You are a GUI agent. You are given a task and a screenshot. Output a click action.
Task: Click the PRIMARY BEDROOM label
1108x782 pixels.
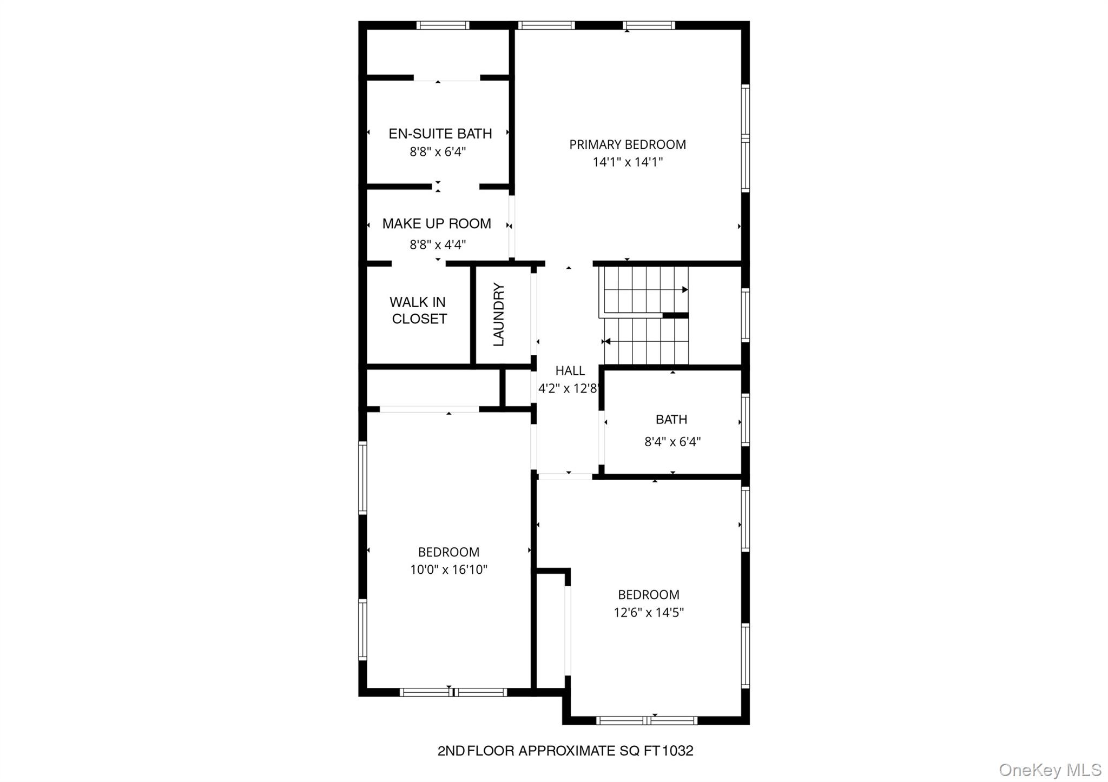(x=628, y=144)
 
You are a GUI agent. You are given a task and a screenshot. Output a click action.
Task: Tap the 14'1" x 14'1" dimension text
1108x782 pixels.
(x=628, y=162)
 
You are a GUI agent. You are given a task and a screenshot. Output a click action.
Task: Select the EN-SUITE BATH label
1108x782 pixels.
(x=440, y=134)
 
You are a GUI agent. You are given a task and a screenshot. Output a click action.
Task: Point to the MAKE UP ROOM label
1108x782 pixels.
(x=437, y=223)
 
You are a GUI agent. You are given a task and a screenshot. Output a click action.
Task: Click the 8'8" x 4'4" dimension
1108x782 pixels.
(x=438, y=244)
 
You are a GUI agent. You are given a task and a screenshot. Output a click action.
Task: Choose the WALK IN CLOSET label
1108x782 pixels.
(x=418, y=310)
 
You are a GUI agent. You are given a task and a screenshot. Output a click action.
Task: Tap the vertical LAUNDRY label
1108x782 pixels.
(x=499, y=314)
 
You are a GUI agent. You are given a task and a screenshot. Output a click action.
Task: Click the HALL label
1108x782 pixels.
(x=570, y=370)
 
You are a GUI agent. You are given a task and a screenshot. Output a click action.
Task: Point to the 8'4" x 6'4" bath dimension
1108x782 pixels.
(x=672, y=442)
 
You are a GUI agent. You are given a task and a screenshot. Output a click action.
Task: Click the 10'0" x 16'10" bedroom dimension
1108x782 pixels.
(x=449, y=569)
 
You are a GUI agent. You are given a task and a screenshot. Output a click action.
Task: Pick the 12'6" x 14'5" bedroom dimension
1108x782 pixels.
(x=649, y=612)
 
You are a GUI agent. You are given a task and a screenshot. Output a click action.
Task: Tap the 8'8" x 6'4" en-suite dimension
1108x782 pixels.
(x=438, y=151)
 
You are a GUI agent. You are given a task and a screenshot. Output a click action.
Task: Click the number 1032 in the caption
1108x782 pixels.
(x=678, y=751)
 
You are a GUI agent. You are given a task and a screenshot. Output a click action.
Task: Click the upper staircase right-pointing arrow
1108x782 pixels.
(x=684, y=290)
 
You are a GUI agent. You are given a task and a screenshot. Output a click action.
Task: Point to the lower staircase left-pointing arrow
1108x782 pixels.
(x=607, y=341)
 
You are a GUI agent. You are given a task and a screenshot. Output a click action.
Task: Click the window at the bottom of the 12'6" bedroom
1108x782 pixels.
(x=647, y=720)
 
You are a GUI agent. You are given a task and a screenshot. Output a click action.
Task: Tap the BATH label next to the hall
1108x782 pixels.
(x=671, y=419)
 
